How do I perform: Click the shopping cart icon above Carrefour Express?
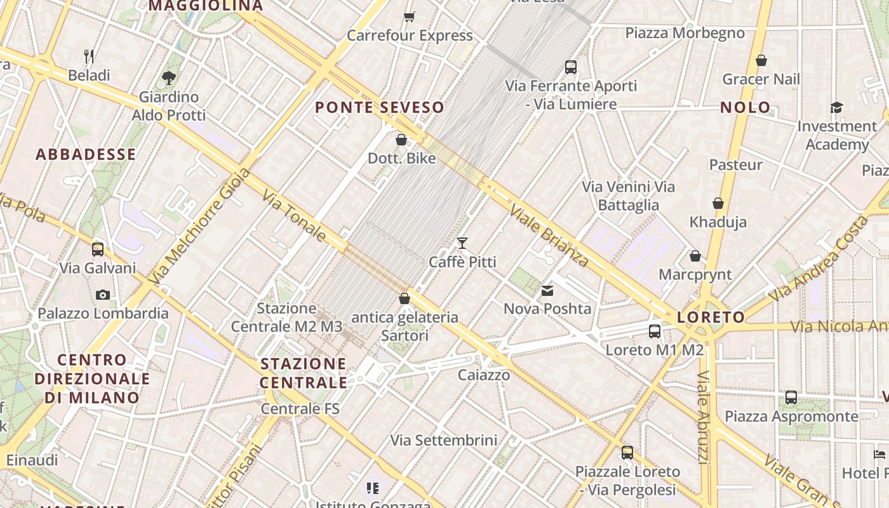(410, 16)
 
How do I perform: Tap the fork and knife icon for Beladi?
(89, 57)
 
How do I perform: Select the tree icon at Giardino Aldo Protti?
(168, 78)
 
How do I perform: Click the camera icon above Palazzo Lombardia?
(102, 295)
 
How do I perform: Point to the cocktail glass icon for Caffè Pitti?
(462, 243)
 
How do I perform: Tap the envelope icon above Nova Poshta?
(547, 291)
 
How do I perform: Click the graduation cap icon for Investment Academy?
(836, 107)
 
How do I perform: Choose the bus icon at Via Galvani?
(97, 250)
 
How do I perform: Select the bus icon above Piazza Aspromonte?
(791, 398)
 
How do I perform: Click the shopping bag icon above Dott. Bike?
(401, 140)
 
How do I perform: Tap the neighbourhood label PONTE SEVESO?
(380, 107)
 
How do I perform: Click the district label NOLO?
(745, 107)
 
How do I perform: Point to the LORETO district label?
(711, 317)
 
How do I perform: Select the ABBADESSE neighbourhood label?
(86, 154)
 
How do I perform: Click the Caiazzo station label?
(484, 375)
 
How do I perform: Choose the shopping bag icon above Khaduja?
(718, 204)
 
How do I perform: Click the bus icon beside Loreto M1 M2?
(655, 331)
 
